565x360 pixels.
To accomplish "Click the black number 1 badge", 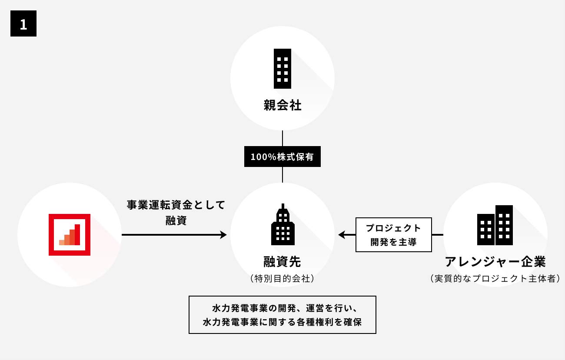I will [23, 24].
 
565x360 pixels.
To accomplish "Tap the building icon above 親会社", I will [282, 69].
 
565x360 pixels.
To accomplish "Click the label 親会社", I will [282, 105].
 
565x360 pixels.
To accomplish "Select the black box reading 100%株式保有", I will [282, 157].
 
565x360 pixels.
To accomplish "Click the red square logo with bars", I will [70, 235].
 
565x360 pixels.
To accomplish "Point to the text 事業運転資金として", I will [176, 205].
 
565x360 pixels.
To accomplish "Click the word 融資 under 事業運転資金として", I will [176, 220].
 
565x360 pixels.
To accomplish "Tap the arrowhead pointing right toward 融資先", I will [223, 235].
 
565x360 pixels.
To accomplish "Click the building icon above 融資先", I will [283, 224].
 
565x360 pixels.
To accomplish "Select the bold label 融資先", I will [282, 262].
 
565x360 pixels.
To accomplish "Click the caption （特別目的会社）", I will [282, 278].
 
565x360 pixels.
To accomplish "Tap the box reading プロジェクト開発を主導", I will [394, 235].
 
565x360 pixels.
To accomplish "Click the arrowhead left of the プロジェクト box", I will [342, 235].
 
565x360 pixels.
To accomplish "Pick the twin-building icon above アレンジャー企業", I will [495, 225].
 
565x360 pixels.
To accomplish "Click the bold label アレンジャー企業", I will [495, 262].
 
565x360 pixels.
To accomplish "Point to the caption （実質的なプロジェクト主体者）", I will [495, 278].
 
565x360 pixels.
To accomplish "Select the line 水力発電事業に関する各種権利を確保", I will [282, 323].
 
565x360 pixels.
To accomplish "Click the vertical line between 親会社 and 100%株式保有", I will [282, 138].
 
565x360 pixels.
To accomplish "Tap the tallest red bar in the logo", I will [77, 235].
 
